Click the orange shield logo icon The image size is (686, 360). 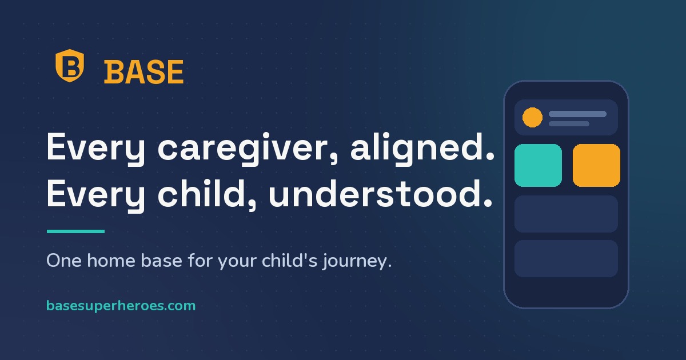70,66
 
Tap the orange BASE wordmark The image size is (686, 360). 143,72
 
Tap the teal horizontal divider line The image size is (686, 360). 75,231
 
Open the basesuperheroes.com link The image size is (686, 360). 121,306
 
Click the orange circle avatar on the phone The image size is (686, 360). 532,117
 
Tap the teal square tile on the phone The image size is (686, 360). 538,165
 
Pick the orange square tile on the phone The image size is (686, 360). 596,165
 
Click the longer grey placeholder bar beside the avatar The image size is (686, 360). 577,114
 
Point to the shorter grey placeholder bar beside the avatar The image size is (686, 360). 569,123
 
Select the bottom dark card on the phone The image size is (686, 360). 566,259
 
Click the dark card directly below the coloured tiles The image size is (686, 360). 566,214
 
